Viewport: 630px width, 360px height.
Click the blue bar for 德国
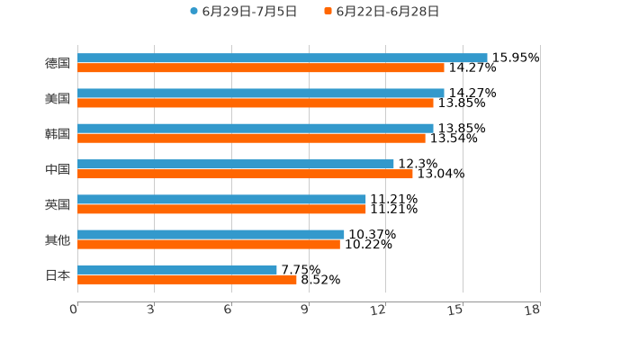pos(283,58)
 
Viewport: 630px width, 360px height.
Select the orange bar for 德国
pos(261,67)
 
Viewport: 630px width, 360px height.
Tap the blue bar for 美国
pos(261,93)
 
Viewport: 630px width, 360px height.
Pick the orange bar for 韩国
pos(251,138)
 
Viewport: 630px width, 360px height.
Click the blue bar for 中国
pos(236,164)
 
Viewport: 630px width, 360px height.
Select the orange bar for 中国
pos(245,174)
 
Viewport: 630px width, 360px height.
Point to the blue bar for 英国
pos(221,199)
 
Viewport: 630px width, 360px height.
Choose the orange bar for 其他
pos(209,244)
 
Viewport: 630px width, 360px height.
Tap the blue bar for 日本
pos(177,269)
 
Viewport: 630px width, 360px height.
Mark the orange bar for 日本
pos(187,279)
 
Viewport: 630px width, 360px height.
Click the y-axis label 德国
pos(58,63)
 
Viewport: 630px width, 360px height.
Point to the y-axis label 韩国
pos(58,133)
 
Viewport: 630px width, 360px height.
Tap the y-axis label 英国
pos(58,204)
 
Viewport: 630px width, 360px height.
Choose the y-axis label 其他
pos(58,239)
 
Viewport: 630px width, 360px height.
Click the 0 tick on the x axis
pos(75,310)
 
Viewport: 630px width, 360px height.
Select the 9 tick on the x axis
pos(306,310)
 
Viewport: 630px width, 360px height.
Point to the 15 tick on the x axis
pos(456,310)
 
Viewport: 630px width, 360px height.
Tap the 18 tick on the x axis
pos(533,310)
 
